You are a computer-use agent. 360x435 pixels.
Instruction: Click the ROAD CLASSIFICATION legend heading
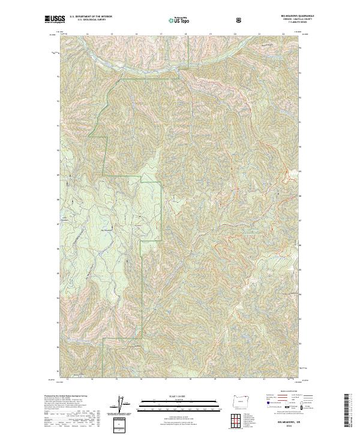pos(281,392)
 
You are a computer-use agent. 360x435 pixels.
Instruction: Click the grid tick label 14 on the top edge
pos(87,34)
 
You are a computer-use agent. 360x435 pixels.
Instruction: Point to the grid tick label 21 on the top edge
pos(259,34)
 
